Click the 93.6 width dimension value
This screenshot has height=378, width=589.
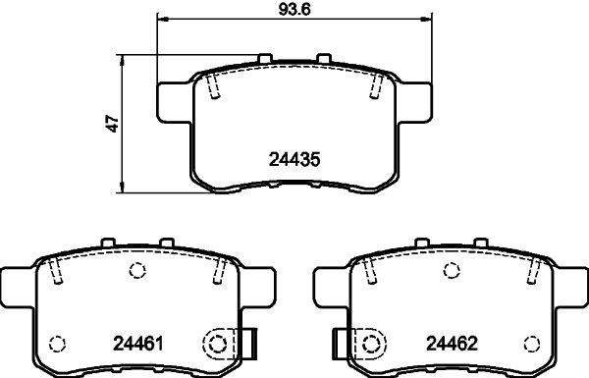click(x=294, y=9)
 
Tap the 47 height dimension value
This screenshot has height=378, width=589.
click(x=112, y=124)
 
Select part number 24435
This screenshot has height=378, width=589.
click(x=294, y=159)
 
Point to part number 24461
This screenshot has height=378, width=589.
click(x=138, y=343)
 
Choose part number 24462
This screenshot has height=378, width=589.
click(x=452, y=343)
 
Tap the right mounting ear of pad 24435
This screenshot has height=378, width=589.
click(x=414, y=102)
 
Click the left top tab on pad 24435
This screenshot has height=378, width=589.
click(x=265, y=58)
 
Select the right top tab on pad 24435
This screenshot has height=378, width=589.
click(x=323, y=58)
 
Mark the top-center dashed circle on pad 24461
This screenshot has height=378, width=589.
click(x=137, y=270)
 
